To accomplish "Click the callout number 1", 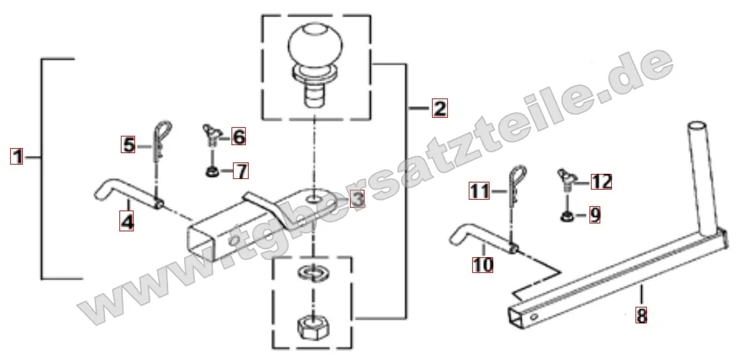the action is pos(17,156).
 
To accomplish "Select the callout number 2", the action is pos(439,109).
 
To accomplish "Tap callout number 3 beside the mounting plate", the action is pos(358,199).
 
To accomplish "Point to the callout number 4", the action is pos(127,221).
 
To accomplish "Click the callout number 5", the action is pos(128,144).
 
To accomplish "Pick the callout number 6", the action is pos(238,137).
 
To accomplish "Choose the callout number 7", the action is pos(242,171).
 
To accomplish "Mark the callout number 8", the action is pos(641,315).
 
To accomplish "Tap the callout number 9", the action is pos(594,216).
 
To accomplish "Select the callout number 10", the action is pos(483,264).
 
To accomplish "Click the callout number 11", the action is pos(479,191).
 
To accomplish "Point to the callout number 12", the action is pos(601,181).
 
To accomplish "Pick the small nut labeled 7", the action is pos(212,171).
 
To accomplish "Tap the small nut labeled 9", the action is pos(566,216).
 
